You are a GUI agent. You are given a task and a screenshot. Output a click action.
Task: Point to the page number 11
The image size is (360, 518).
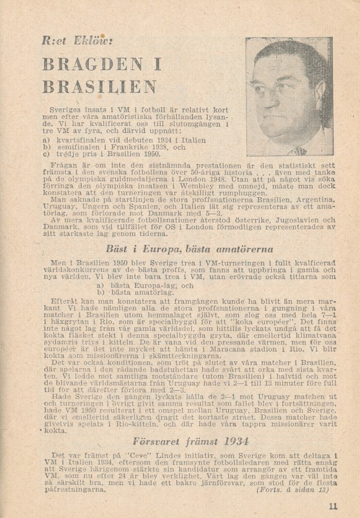334,505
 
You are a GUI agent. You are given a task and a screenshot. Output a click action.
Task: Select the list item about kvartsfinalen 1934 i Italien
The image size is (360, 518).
124,140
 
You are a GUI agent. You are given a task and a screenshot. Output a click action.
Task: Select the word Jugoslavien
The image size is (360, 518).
274,219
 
